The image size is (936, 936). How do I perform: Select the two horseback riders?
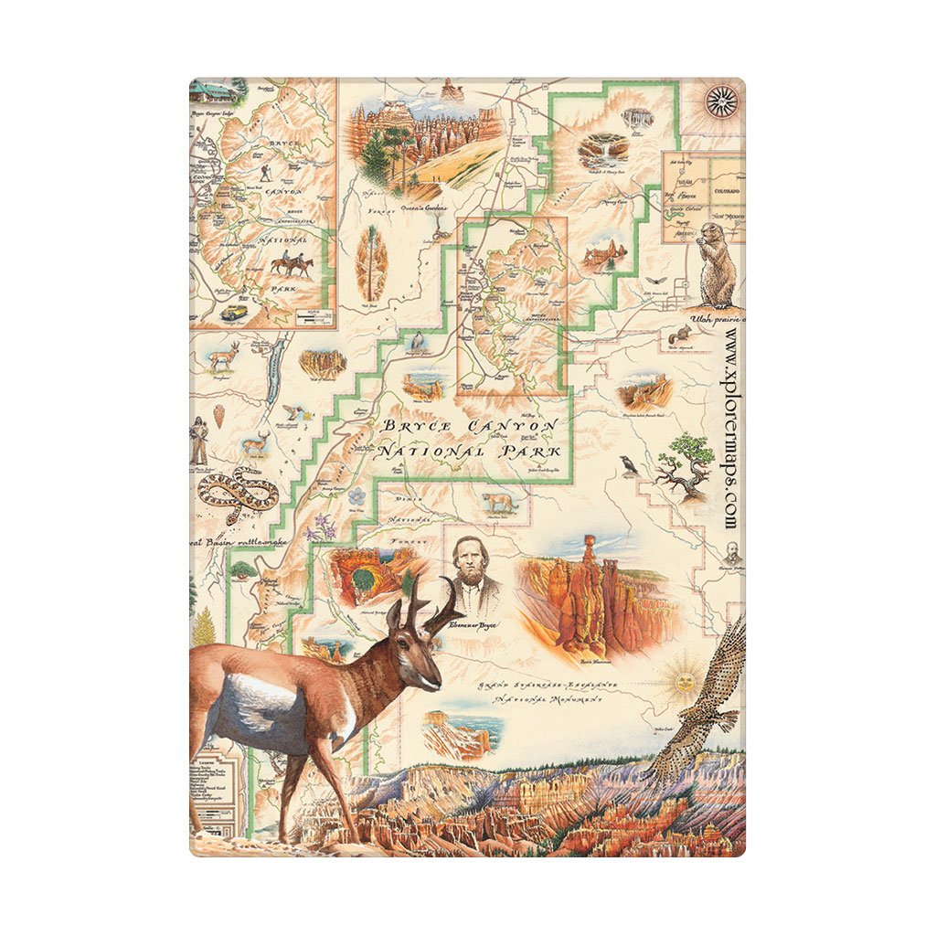tap(291, 264)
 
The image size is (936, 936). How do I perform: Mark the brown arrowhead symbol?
tap(220, 415)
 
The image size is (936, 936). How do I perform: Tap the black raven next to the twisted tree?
tap(628, 465)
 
